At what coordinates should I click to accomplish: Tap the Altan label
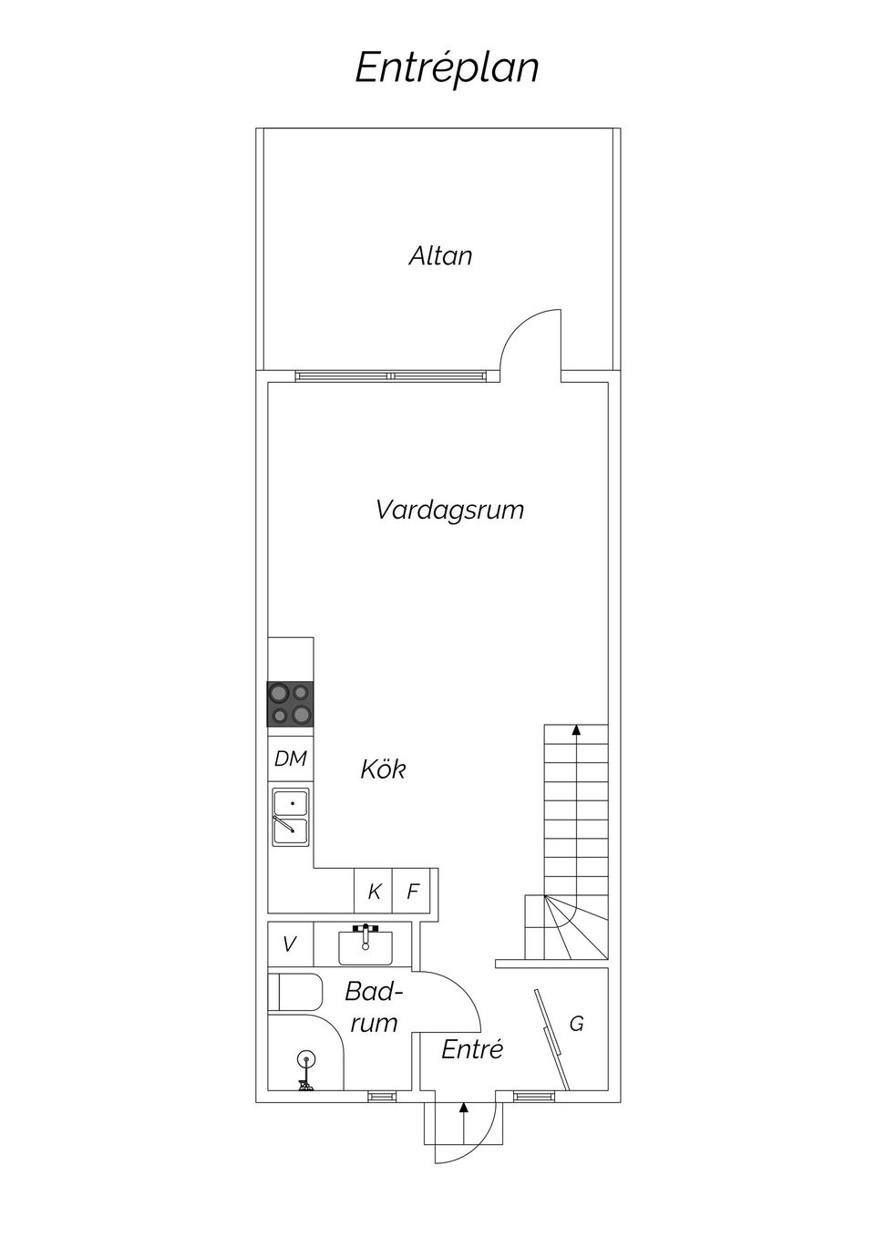point(440,255)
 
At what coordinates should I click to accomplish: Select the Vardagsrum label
point(449,509)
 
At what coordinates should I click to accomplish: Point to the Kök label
point(383,769)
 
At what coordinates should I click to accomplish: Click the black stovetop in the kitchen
point(291,704)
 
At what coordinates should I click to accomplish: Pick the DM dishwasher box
point(291,758)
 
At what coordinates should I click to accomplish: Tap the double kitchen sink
point(291,817)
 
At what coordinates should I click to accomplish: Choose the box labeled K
point(374,892)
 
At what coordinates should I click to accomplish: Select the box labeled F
point(412,892)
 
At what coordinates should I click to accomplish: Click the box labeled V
point(290,944)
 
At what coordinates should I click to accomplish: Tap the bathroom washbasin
point(365,945)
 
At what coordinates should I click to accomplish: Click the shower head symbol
point(305,1059)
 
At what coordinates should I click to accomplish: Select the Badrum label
point(374,1006)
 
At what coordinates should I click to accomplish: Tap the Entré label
point(472,1049)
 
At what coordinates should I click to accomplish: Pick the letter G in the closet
point(576,1025)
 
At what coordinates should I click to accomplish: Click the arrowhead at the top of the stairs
point(576,729)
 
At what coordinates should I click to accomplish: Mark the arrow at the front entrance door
point(464,1109)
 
